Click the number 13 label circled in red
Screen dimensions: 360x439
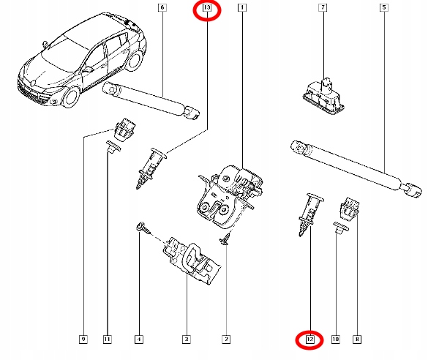pyautogui.click(x=206, y=9)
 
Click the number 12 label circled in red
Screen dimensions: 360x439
pyautogui.click(x=309, y=339)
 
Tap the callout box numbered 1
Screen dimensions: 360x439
pyautogui.click(x=241, y=8)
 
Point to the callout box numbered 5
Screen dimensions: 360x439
pyautogui.click(x=383, y=8)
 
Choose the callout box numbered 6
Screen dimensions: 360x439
pyautogui.click(x=162, y=8)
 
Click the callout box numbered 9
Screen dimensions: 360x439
pyautogui.click(x=84, y=339)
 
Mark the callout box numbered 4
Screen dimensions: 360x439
pyautogui.click(x=139, y=339)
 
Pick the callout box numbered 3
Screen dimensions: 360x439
pyautogui.click(x=186, y=339)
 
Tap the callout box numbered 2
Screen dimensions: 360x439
pyautogui.click(x=226, y=339)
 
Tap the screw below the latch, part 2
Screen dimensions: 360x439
pyautogui.click(x=226, y=241)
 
